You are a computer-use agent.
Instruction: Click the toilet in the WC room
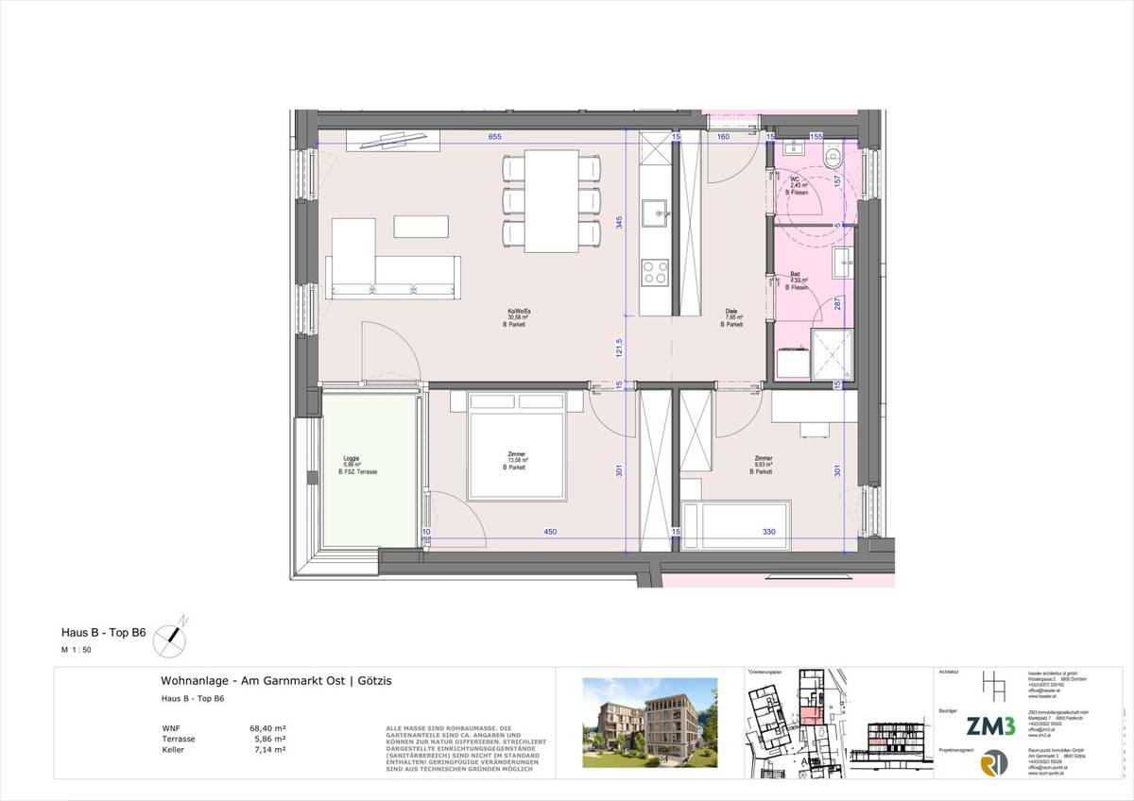tap(833, 160)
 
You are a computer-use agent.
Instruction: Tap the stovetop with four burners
tap(653, 273)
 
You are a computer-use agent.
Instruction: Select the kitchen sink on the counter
tap(653, 214)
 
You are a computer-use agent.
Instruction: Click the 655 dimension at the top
tap(494, 137)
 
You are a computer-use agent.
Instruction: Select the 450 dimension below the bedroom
tap(549, 532)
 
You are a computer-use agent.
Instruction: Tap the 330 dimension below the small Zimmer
tap(768, 532)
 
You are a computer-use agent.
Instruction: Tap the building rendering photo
tap(649, 723)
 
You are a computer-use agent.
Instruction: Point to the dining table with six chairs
tap(552, 201)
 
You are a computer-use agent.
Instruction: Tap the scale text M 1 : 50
tap(77, 652)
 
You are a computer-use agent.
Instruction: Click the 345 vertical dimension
tap(619, 223)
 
